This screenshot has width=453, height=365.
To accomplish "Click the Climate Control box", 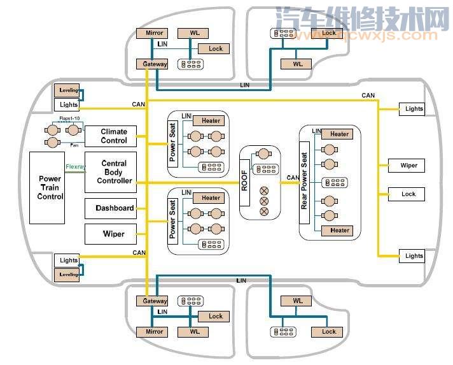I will click(114, 136).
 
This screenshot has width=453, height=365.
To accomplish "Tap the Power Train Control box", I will click(50, 188).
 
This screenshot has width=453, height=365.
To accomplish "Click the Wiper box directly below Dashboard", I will click(114, 234).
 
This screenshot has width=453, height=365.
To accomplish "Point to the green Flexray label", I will click(75, 167).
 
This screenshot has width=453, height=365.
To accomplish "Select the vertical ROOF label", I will click(245, 182).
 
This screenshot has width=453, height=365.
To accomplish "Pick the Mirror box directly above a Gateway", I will click(154, 32).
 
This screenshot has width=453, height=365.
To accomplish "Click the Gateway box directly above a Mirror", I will click(154, 301).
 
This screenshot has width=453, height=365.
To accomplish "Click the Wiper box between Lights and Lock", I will click(409, 166).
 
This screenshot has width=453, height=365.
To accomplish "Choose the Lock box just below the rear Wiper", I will click(409, 194).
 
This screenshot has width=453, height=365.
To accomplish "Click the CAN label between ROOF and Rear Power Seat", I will click(293, 178).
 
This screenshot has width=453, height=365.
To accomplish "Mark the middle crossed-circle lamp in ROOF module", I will click(263, 201).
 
